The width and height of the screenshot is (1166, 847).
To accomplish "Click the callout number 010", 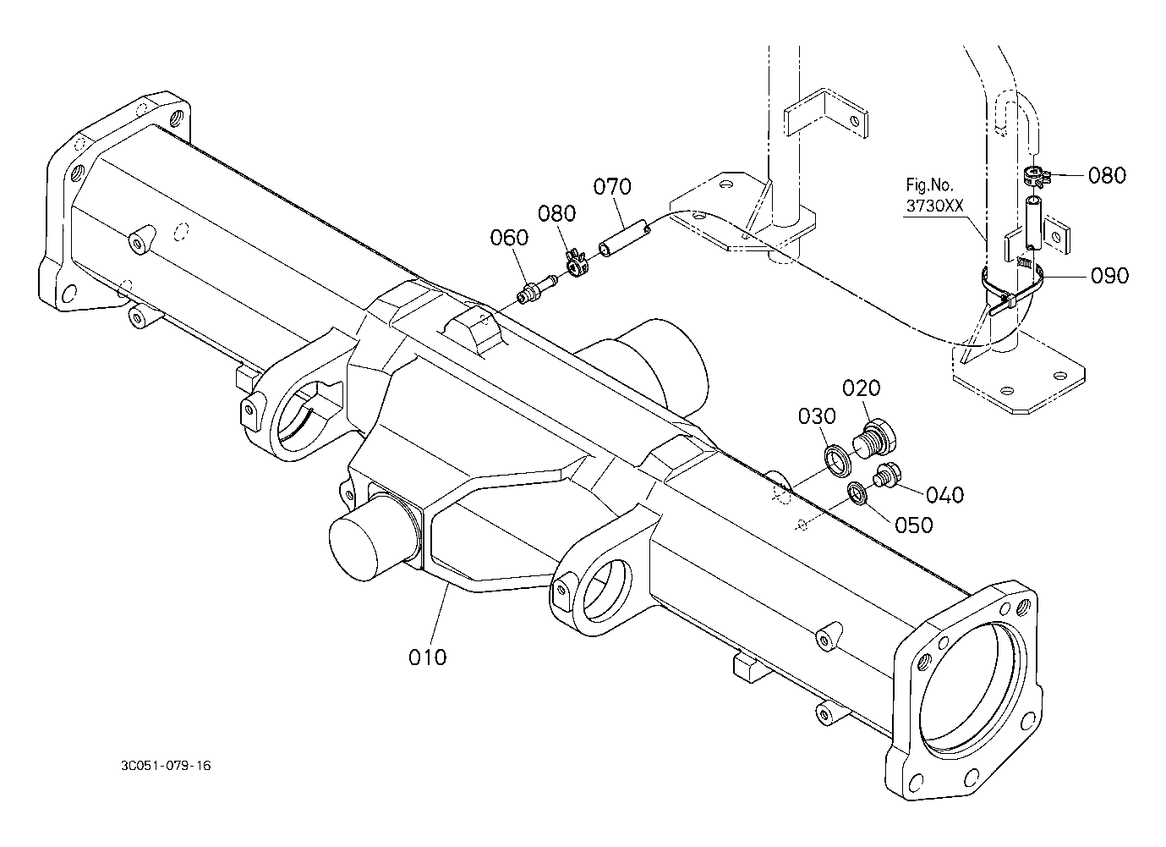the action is point(427,657).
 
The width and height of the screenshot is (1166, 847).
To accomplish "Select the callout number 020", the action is point(862,388).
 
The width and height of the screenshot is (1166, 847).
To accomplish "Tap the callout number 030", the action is point(818,416).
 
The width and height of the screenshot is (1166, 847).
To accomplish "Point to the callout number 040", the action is point(944,494).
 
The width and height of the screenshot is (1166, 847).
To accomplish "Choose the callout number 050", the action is point(913,525).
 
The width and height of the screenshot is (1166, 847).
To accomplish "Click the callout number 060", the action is point(509,238).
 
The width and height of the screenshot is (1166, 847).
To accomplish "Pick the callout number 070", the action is point(612,186).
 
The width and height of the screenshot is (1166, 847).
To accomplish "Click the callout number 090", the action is point(1110,276).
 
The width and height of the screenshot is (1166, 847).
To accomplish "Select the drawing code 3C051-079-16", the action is point(166,765).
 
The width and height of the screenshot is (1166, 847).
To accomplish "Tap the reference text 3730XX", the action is point(935,206).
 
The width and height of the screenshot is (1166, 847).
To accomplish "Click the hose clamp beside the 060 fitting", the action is point(577,264).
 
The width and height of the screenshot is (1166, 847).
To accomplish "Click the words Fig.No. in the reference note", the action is point(929,185).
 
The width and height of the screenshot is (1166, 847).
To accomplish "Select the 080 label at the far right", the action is point(1107,175).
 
